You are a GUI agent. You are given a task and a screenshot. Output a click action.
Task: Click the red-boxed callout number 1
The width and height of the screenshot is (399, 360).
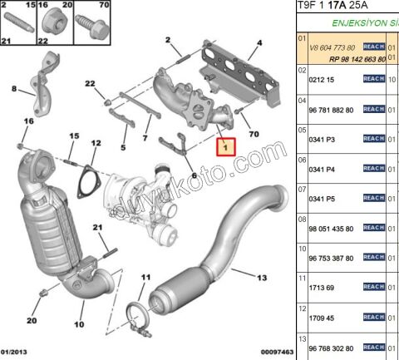(227, 147)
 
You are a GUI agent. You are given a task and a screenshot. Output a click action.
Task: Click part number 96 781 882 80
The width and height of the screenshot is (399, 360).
(331, 109)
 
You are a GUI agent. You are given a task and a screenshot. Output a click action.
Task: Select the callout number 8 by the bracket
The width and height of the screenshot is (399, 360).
(14, 87)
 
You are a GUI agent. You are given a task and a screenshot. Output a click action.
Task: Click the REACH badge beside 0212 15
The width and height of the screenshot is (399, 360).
(373, 78)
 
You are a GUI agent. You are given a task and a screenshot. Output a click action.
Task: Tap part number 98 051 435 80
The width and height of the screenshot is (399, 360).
(331, 228)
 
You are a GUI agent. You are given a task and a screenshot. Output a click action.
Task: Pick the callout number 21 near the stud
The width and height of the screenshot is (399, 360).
(96, 228)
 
